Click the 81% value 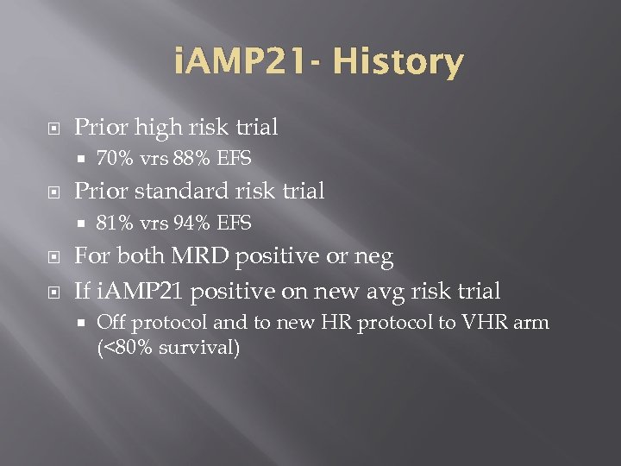click(x=114, y=224)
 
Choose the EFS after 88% click(x=234, y=159)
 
